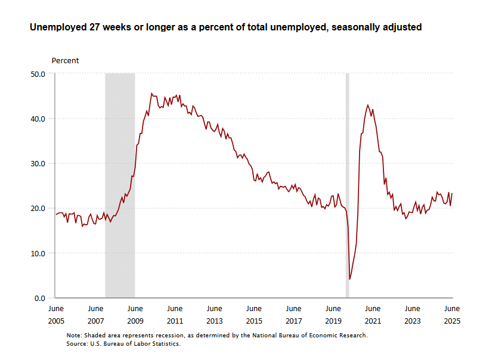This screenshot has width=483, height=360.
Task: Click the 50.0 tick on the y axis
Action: [38, 74]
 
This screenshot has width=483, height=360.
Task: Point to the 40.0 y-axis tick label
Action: [38, 119]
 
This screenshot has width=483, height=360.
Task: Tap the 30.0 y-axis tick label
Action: [38, 163]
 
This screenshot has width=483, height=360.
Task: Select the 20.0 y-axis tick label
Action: [38, 208]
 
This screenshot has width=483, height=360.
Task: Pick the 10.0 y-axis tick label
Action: [38, 253]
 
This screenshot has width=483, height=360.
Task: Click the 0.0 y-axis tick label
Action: [40, 298]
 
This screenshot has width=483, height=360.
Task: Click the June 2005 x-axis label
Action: [55, 315]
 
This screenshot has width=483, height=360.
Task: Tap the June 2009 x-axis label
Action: [135, 315]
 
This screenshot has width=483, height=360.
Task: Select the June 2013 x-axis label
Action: [214, 315]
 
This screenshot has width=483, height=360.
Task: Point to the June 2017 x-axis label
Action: [293, 315]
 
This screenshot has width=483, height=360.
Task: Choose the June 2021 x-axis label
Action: [373, 315]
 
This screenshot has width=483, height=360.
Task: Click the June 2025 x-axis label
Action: [452, 315]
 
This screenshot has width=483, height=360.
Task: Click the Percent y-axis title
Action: [65, 61]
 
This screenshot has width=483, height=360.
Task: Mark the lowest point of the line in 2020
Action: [349, 279]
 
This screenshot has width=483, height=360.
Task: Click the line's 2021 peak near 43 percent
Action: [368, 105]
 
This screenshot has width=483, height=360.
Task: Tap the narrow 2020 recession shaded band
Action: [348, 179]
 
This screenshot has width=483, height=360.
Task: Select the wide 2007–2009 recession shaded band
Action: [120, 179]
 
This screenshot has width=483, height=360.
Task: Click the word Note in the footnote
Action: [74, 335]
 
